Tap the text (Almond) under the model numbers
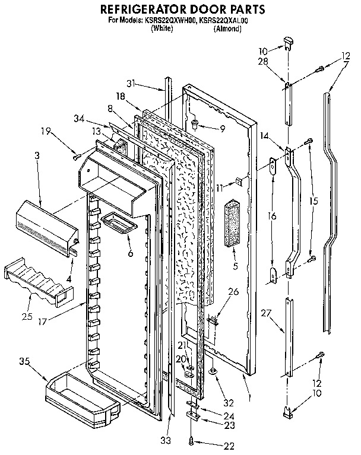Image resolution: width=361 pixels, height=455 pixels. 226,27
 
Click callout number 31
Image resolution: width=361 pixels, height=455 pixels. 131,82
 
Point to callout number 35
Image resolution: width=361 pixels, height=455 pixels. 24,360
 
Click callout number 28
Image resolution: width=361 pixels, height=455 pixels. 264,62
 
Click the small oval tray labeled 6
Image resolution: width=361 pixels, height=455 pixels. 118,223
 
